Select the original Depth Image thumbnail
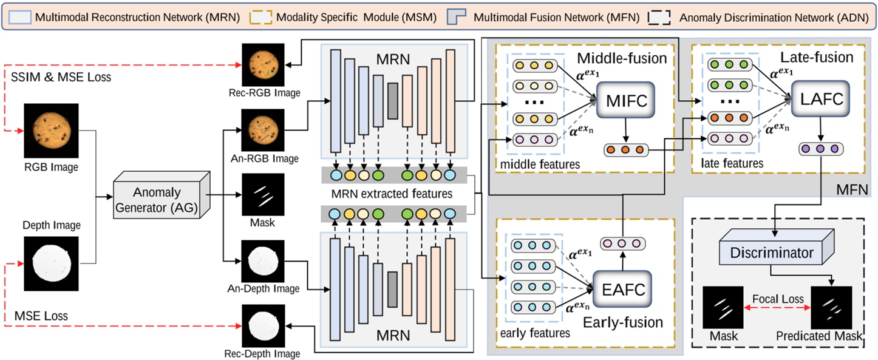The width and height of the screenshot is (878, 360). (x=51, y=263)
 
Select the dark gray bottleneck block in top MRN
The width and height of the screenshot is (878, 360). (x=392, y=100)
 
